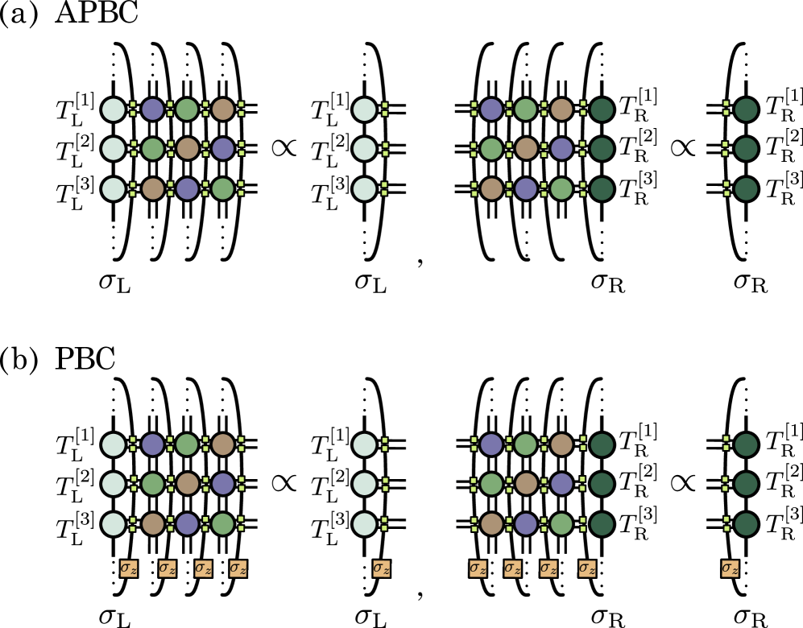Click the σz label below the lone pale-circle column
[x=381, y=568]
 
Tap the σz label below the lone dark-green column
[x=730, y=568]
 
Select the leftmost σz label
[x=128, y=568]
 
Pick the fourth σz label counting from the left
[x=238, y=568]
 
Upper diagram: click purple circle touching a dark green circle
[x=561, y=149]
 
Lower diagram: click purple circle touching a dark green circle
[x=561, y=484]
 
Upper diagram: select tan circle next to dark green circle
[x=561, y=109]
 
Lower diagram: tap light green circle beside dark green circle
[x=561, y=524]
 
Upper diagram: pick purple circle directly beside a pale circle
[x=152, y=109]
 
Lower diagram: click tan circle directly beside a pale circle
[x=152, y=524]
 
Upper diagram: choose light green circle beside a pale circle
[x=152, y=149]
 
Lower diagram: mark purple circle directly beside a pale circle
[x=152, y=444]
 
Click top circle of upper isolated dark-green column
[x=746, y=109]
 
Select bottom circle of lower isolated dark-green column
[x=746, y=524]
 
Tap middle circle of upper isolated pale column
[x=364, y=149]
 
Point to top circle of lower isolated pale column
[x=364, y=444]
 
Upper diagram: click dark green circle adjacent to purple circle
[x=602, y=149]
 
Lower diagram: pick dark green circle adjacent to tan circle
[x=602, y=444]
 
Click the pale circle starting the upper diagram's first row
[x=114, y=109]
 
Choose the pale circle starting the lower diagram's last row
[x=114, y=524]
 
